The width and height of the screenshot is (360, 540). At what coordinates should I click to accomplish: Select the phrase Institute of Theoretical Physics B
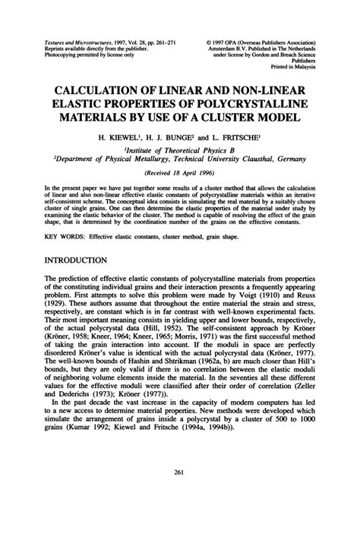pos(179,151)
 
